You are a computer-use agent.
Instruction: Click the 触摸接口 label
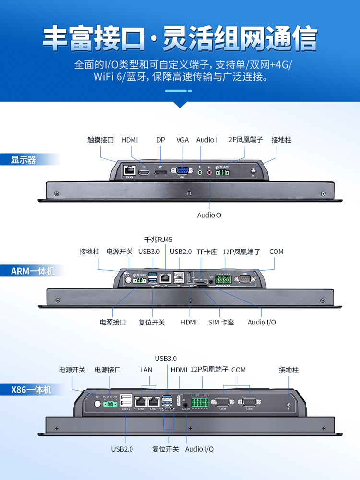pos(101,140)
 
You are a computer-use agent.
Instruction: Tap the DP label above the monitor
pos(160,140)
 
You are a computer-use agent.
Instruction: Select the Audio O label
pos(209,215)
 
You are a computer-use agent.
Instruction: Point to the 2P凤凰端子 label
pos(246,140)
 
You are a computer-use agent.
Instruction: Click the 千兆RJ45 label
pos(158,239)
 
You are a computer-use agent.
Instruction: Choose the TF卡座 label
pos(207,252)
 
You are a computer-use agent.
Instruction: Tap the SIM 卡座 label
pos(221,322)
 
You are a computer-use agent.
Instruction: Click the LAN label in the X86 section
pos(146,370)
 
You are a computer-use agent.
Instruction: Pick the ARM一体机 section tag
pos(33,271)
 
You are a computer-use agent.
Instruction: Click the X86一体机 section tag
pos(31,389)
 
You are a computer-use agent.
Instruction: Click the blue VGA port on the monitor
pos(182,171)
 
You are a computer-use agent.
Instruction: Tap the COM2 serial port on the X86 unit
pos(249,402)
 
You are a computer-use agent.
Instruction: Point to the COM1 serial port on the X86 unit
pos(223,402)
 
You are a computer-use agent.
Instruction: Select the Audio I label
pos(206,140)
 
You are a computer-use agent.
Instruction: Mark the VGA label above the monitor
pos(182,140)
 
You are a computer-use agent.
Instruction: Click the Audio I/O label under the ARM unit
pos(262,322)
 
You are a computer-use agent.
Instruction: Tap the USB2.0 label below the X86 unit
pos(122,449)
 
